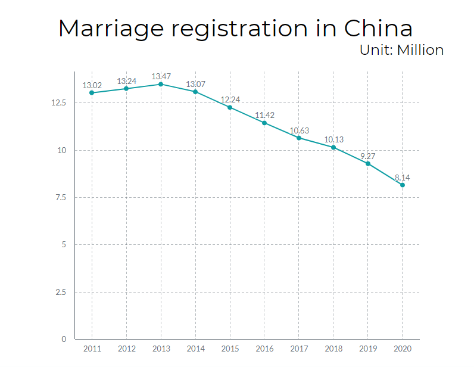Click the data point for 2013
click(x=161, y=84)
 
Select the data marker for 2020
click(x=403, y=185)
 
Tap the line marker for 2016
click(x=264, y=123)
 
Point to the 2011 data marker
click(x=92, y=92)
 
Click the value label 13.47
click(x=161, y=76)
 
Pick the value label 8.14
click(x=402, y=178)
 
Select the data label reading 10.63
click(x=299, y=130)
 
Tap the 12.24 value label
click(x=230, y=99)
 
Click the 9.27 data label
click(x=367, y=156)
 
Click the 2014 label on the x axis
click(x=195, y=349)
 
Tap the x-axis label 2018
click(x=333, y=349)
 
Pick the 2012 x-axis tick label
click(x=126, y=349)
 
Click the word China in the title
click(x=379, y=29)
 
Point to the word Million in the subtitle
click(x=420, y=50)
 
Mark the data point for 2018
click(x=333, y=147)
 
